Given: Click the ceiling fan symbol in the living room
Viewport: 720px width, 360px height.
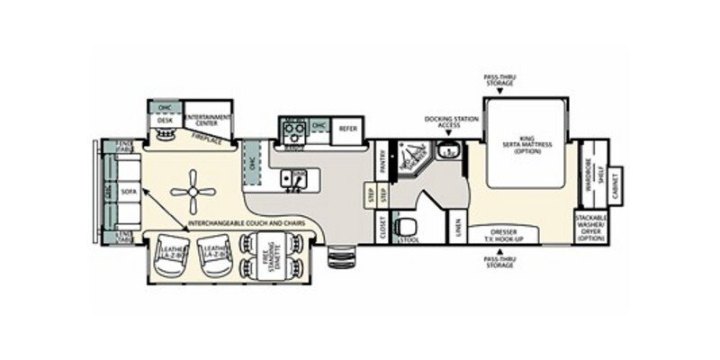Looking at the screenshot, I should (193, 190).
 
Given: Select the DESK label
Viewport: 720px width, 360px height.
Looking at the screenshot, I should (165, 120).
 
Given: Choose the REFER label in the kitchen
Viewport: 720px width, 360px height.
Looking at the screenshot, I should (346, 129).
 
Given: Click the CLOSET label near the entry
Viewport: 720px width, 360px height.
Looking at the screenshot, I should (382, 227).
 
